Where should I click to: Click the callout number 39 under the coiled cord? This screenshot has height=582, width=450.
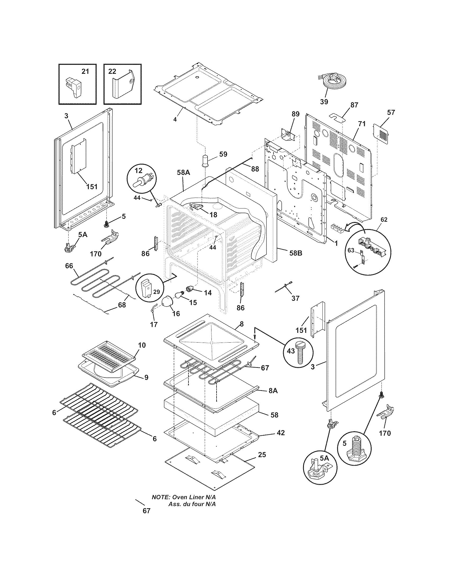coord(324,102)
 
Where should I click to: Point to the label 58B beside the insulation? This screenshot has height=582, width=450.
coord(296,253)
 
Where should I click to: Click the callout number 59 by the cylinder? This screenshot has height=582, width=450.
coord(223,154)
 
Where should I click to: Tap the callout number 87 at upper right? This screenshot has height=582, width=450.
coord(354,105)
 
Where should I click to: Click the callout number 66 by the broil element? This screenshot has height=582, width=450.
coord(69,266)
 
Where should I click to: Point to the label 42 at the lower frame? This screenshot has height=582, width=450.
coord(281,433)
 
